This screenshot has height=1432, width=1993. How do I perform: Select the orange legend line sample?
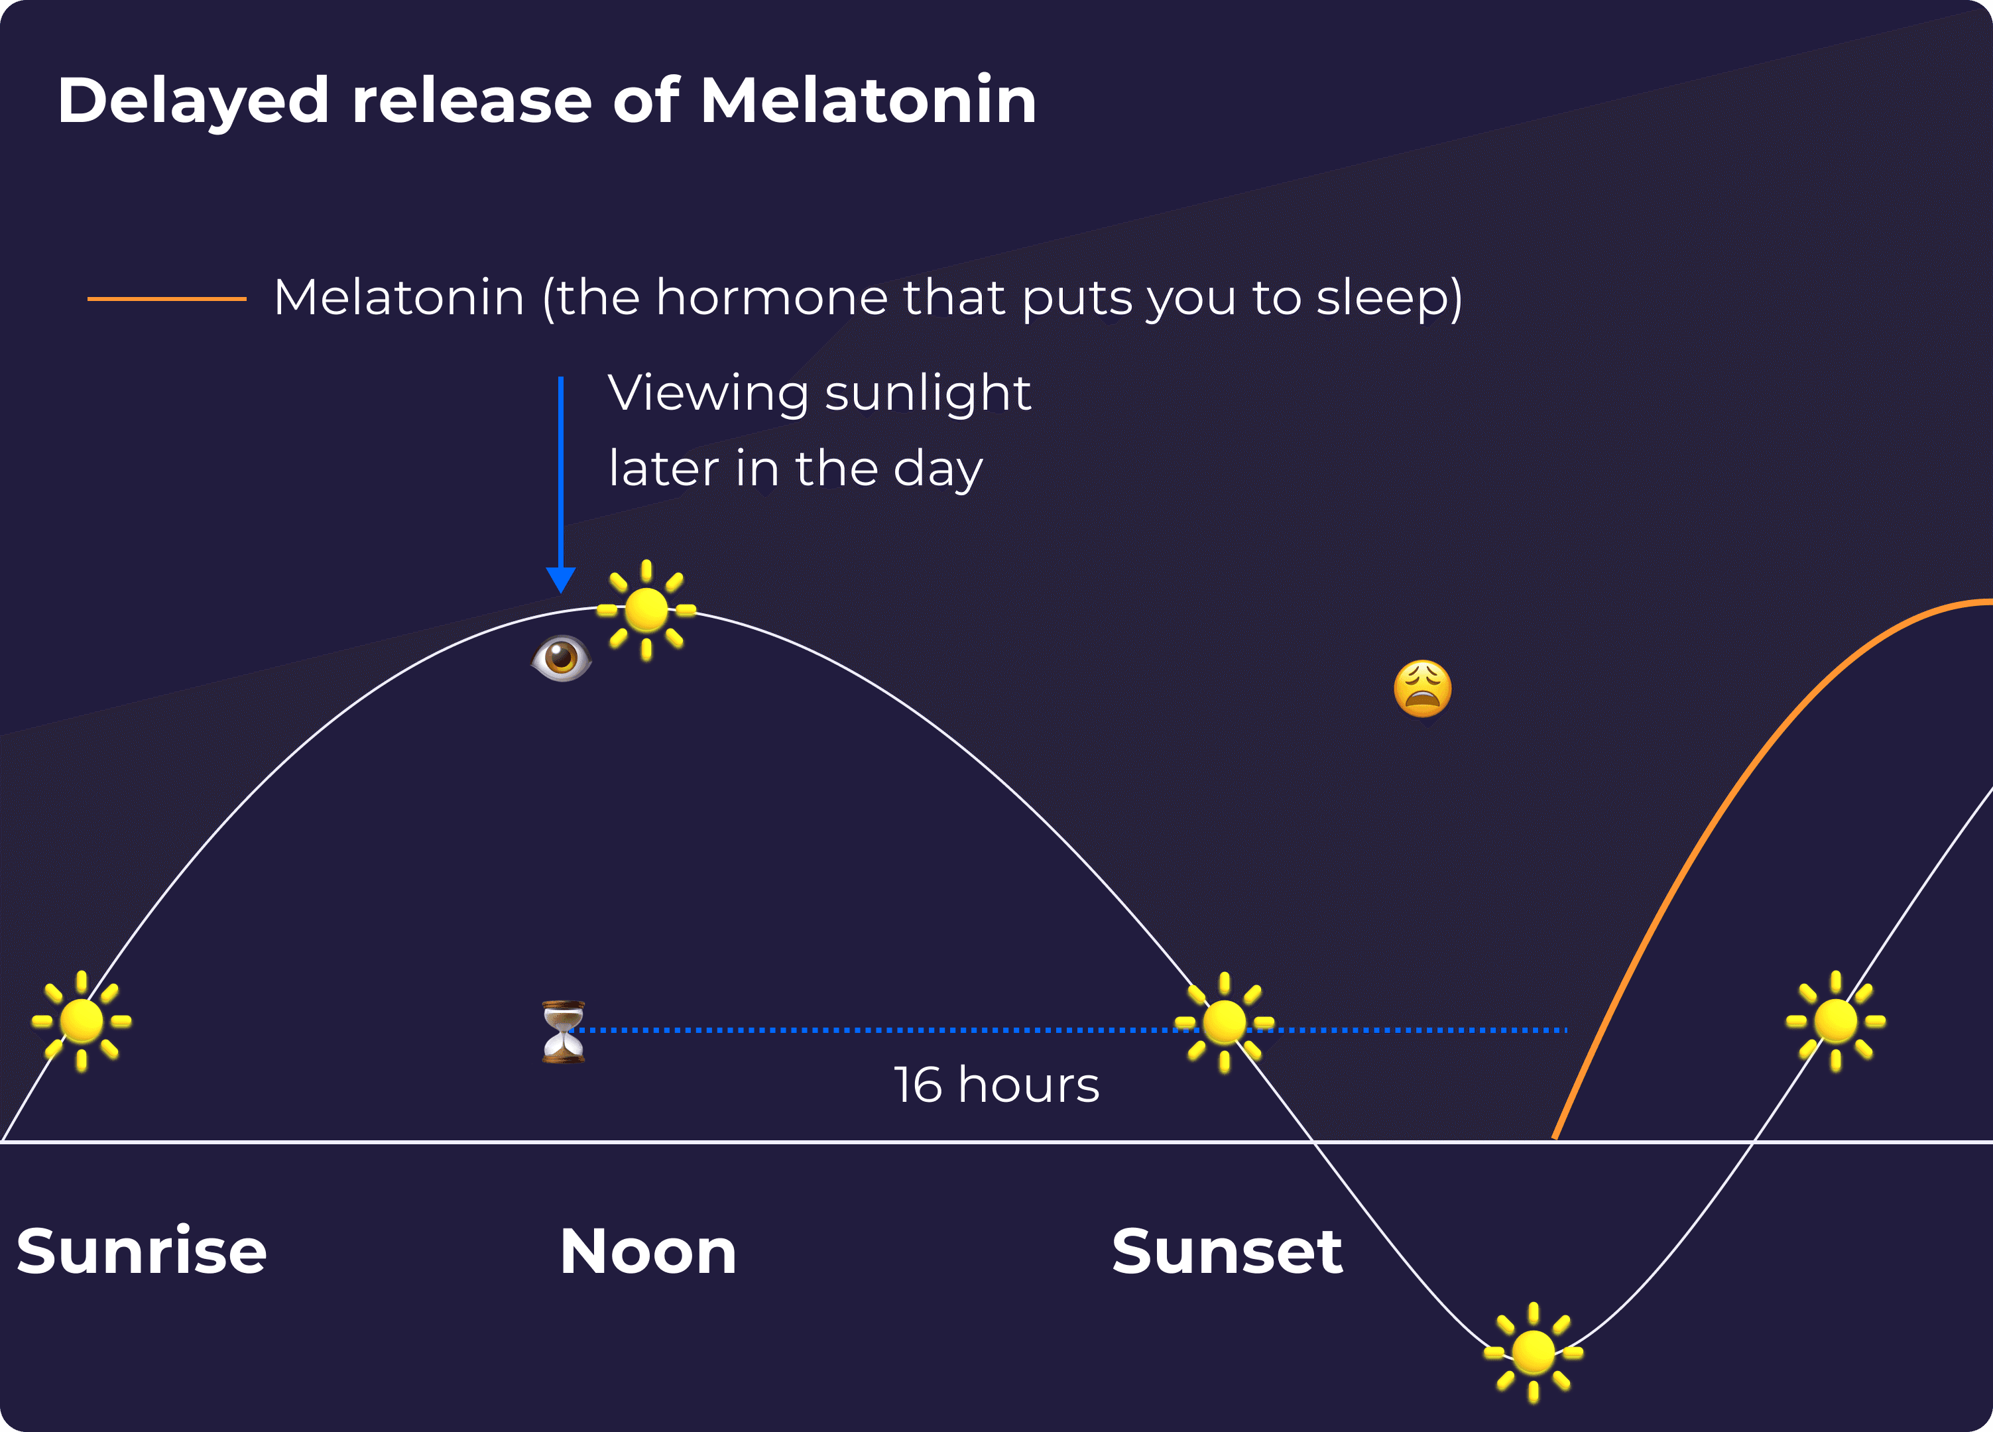point(167,299)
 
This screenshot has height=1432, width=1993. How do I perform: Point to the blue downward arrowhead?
point(561,580)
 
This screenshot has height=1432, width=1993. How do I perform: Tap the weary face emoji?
point(1423,689)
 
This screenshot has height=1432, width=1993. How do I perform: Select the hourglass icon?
point(564,1032)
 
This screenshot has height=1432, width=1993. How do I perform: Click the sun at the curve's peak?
point(646,610)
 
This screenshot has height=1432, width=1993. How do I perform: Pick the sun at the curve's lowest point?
point(1534,1352)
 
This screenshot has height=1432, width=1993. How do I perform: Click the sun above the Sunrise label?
point(82,1021)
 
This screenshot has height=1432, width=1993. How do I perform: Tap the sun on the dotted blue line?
point(1224,1022)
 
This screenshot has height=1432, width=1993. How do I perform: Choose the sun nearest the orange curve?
point(1836,1021)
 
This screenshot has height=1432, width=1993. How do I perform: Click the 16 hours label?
point(996,1085)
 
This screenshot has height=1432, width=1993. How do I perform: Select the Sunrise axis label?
point(141,1250)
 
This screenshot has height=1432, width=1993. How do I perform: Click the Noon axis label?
point(648,1251)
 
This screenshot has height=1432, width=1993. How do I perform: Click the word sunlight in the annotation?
point(928,394)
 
